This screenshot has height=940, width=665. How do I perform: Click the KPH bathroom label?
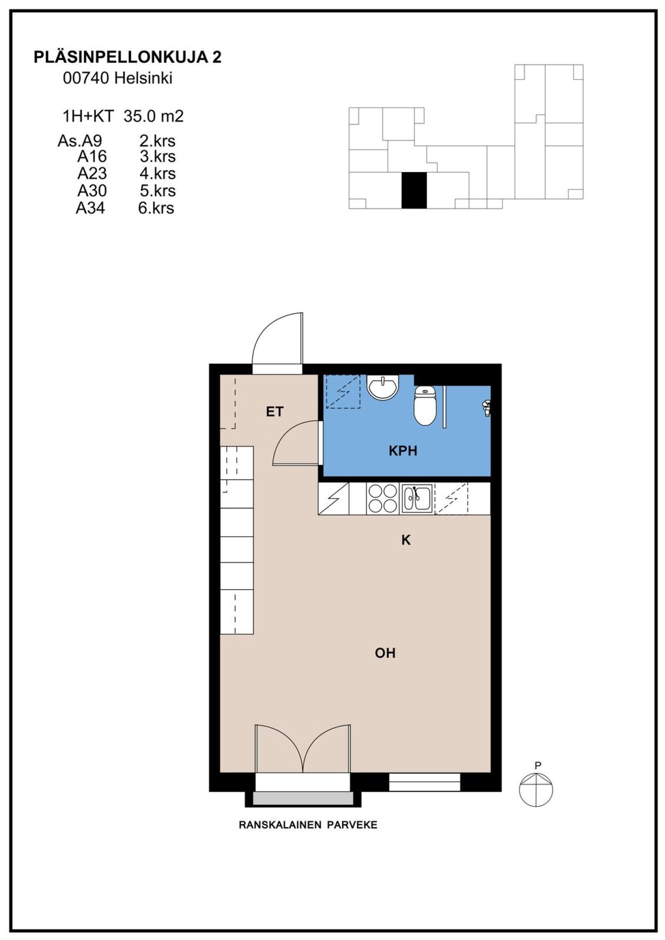(403, 451)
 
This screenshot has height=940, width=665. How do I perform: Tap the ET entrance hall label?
(275, 412)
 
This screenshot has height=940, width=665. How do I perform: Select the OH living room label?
(385, 653)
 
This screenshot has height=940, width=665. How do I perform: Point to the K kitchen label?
(406, 540)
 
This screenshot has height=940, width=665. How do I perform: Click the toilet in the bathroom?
(425, 405)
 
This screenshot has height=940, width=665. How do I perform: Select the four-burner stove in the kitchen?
(382, 499)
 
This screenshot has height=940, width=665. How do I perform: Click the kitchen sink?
(417, 499)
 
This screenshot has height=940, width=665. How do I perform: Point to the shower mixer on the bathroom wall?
(486, 407)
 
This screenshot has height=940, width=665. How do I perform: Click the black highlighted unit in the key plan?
(414, 190)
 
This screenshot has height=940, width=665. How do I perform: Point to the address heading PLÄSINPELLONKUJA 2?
(127, 57)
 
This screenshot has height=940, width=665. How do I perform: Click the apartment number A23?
(92, 174)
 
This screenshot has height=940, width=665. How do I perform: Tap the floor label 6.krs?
(156, 208)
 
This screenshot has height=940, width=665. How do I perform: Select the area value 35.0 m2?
(153, 116)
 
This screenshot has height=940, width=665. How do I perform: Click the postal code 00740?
(86, 78)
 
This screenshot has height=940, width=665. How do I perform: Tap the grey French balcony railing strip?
(303, 798)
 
